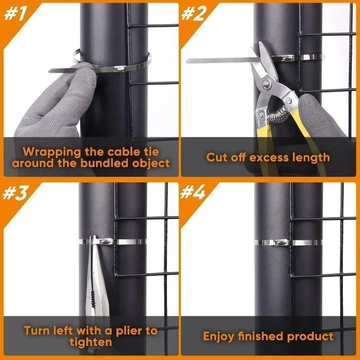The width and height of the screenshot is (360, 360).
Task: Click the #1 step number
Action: coord(15,13)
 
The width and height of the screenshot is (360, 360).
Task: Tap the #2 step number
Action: coord(193,13)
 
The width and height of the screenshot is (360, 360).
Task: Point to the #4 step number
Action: coord(193,193)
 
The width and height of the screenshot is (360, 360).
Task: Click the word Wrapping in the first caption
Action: coord(52,152)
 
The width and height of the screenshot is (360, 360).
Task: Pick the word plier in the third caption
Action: coord(130,331)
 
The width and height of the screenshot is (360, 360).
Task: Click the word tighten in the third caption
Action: coord(91,342)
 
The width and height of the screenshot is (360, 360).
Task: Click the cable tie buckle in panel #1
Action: coord(120,68)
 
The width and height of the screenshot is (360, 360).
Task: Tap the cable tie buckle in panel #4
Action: coord(281,243)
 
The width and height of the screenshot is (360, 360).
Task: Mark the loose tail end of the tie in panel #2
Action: coord(187,61)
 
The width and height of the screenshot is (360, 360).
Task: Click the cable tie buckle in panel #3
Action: coord(105,241)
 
